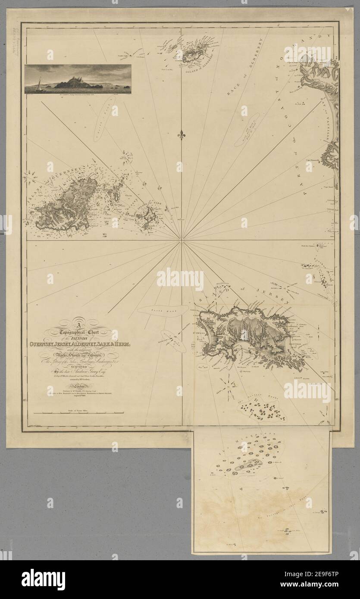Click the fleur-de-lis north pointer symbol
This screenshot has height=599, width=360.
(x=181, y=134)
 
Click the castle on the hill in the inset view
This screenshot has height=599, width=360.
(x=73, y=80)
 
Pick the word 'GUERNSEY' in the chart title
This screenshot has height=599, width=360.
(x=47, y=343)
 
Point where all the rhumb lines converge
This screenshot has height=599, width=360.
(x=181, y=240)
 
